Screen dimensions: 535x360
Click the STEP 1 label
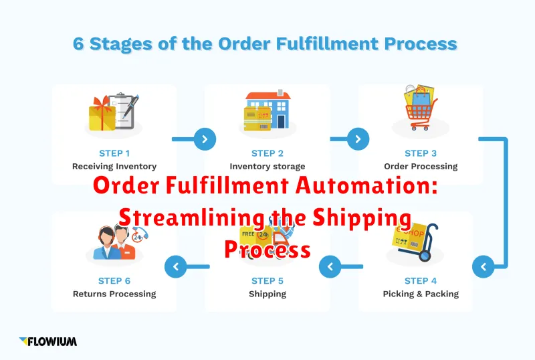pos(114,153)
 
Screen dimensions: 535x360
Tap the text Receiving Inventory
pos(114,167)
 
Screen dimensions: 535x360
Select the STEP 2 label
pos(267,153)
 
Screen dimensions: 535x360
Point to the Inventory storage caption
pos(267,167)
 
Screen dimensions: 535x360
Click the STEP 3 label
pos(421,153)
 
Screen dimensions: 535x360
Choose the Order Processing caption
pos(421,167)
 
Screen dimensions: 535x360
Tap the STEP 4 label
pos(421,281)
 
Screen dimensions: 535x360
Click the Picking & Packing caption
pos(421,294)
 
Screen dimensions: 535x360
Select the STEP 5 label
pos(267,281)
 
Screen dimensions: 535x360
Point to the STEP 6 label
pos(114,281)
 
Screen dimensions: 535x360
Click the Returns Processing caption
pos(114,294)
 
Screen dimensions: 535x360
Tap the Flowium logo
pos(47,341)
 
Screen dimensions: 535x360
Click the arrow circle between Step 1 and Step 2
pos(205,139)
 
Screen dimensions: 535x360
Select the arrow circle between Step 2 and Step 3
pos(358,139)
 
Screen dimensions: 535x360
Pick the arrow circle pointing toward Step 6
pos(176,267)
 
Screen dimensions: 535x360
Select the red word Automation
pos(366,185)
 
